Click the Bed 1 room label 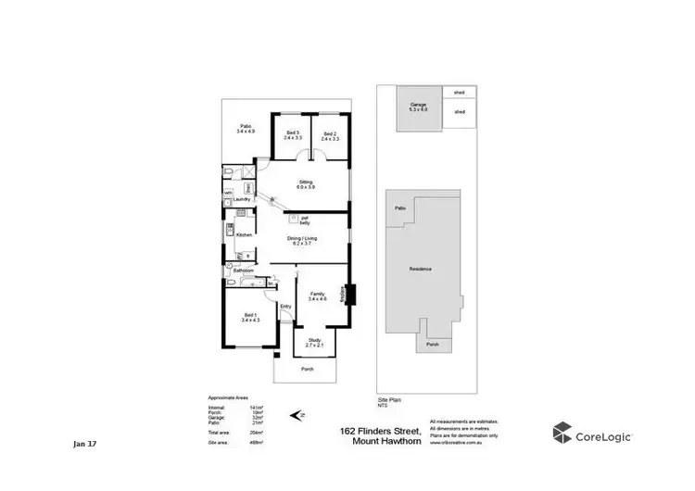tap(251, 316)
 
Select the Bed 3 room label tap(293, 134)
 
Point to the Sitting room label tap(306, 183)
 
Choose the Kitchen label tap(245, 235)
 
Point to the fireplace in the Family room tap(350, 293)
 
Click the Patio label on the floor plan tap(246, 128)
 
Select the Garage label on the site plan tap(419, 107)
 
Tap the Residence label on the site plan tap(421, 270)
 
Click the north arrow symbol tap(296, 415)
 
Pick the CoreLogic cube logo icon tap(562, 433)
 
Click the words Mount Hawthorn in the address tap(390, 441)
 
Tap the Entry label tap(285, 307)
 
